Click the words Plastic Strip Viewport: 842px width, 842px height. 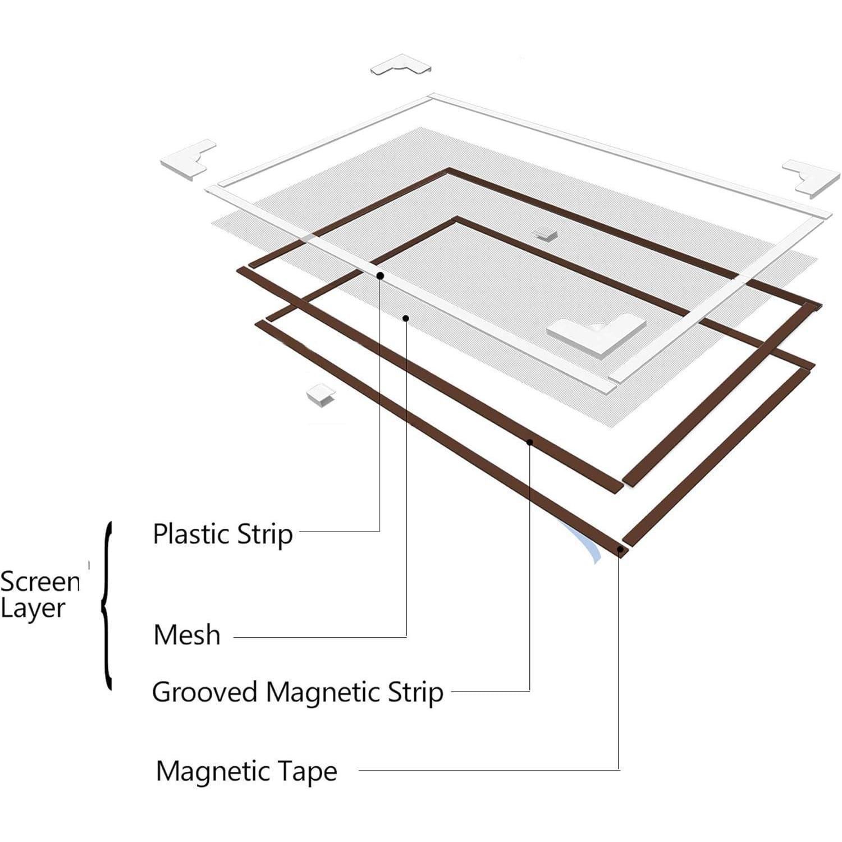tap(223, 534)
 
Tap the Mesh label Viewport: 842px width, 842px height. tap(187, 635)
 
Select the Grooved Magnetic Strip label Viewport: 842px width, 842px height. tap(298, 692)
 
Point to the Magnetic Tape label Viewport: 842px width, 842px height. tap(246, 771)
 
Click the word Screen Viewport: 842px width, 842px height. tap(40, 582)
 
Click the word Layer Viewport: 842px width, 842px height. tap(33, 608)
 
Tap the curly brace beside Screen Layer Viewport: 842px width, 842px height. tap(107, 605)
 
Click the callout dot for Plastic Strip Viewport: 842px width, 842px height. tap(380, 276)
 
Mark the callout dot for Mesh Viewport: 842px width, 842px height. tap(406, 318)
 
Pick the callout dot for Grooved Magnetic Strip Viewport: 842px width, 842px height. tap(529, 442)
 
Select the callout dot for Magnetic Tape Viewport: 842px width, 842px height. tap(619, 550)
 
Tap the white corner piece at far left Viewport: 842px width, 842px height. tap(189, 159)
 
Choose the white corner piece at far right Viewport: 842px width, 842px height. tap(812, 177)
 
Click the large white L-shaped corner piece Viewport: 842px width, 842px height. tap(596, 335)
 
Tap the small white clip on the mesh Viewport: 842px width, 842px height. tap(544, 233)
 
